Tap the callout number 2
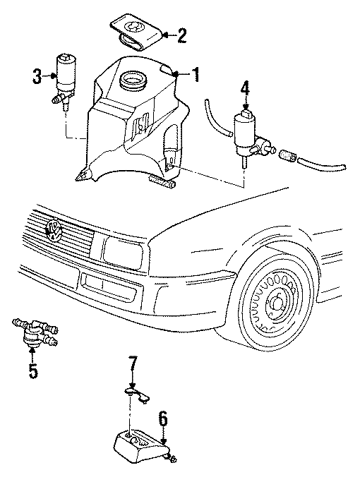click(x=182, y=35)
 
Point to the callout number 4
click(x=244, y=88)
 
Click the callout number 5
click(x=32, y=369)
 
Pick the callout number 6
click(x=163, y=421)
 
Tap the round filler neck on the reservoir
click(x=132, y=79)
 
